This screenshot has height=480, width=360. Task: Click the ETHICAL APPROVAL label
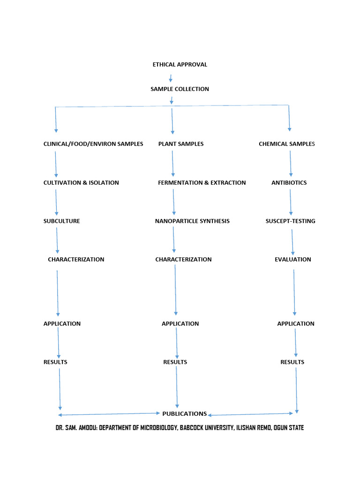tap(180, 65)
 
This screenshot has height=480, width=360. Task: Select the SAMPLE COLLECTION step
tap(180, 89)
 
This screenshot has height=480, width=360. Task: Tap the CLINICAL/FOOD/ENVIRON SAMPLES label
tap(93, 144)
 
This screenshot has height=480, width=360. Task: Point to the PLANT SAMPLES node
tap(181, 144)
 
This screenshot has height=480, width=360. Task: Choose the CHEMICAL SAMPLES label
tap(287, 144)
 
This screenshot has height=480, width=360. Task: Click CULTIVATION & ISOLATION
tap(81, 183)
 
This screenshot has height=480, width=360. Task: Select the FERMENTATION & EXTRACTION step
tap(202, 183)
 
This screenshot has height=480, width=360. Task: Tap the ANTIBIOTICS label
tap(289, 183)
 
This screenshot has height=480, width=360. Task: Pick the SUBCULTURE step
tap(61, 221)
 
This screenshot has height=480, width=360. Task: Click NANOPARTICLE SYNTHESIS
tap(192, 221)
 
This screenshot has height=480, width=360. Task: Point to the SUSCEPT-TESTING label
tap(290, 221)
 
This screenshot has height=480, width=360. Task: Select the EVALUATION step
tap(292, 260)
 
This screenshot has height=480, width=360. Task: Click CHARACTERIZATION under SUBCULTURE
tap(76, 260)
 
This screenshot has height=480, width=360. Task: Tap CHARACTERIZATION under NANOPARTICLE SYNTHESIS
tap(183, 260)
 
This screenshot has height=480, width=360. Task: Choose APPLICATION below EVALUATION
tap(296, 324)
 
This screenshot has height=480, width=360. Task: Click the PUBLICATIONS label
tap(184, 414)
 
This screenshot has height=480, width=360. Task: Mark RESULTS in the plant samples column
tap(175, 362)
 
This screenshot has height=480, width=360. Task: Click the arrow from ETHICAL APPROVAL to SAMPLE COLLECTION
tap(171, 77)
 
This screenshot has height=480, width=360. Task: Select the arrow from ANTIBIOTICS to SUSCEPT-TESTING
tap(291, 202)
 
